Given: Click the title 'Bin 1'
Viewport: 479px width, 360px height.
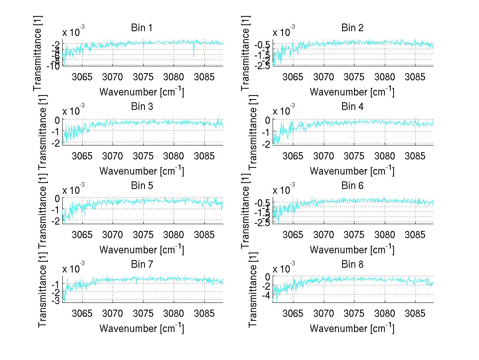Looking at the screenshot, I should click(141, 28).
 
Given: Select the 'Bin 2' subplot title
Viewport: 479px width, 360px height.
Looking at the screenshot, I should click(352, 28).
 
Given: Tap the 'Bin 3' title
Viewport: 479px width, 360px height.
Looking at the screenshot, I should click(141, 107).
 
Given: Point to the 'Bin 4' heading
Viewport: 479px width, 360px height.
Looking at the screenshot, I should click(352, 107).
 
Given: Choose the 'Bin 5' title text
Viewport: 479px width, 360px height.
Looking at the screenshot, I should click(141, 185).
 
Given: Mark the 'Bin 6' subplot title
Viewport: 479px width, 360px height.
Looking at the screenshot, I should click(352, 185).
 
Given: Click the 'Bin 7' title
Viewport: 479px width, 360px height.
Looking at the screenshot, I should click(141, 264).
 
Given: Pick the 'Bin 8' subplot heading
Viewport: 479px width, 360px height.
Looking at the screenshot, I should click(352, 264).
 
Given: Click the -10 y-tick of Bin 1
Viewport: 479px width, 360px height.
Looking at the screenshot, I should click(53, 66).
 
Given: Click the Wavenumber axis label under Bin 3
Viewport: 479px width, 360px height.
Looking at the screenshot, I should click(141, 171).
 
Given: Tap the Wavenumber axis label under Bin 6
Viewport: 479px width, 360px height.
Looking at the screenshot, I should click(352, 249).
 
